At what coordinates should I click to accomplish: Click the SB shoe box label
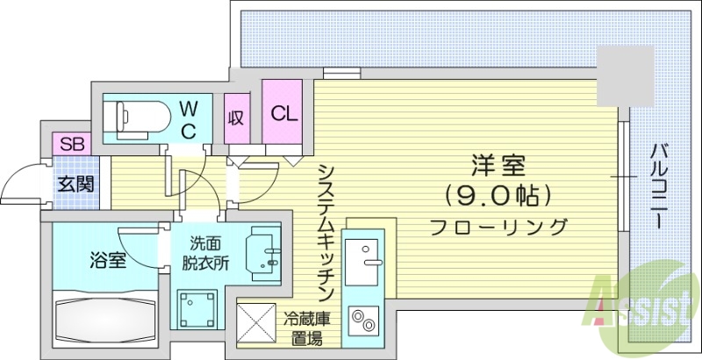[x=69, y=143]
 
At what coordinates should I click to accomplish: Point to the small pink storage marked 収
[x=236, y=118]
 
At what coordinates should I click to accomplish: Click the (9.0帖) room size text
[x=497, y=192]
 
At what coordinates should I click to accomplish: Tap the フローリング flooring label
[x=498, y=227]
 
